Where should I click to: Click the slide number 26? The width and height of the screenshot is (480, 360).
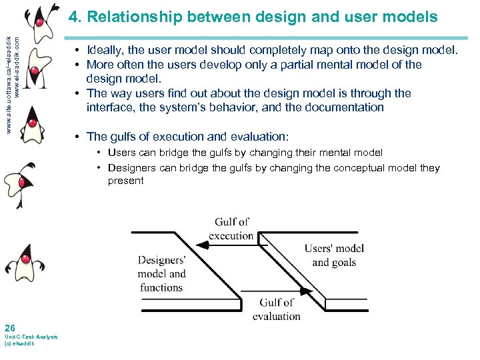(x=9, y=327)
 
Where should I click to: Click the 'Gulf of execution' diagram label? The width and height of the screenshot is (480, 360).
(x=231, y=229)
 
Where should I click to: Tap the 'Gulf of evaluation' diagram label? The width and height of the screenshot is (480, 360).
(x=277, y=309)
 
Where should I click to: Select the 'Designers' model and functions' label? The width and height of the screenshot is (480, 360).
(x=161, y=274)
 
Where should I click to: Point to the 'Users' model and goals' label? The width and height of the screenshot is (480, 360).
(x=334, y=255)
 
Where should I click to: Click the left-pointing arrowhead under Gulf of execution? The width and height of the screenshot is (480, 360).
(x=204, y=245)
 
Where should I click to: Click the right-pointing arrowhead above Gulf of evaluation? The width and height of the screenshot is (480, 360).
(x=307, y=292)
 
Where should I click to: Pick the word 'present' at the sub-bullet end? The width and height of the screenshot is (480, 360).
(x=125, y=181)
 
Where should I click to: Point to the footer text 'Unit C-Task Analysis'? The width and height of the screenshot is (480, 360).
(x=31, y=337)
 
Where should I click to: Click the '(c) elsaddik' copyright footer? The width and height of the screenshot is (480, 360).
(x=19, y=343)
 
